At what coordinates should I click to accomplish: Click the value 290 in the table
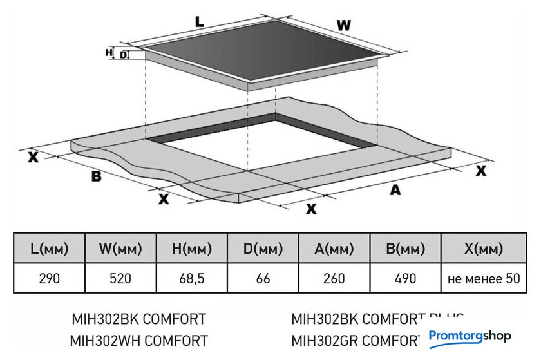49,279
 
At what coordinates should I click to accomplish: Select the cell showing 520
120,279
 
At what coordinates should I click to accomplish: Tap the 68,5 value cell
192,279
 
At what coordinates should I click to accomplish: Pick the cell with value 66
263,279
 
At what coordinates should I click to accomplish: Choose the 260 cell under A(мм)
334,279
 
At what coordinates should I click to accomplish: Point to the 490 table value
406,279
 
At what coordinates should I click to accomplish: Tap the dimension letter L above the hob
200,21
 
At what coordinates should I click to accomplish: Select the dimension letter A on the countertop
395,189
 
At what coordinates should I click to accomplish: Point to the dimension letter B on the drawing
97,176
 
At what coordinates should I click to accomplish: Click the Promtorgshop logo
469,336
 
